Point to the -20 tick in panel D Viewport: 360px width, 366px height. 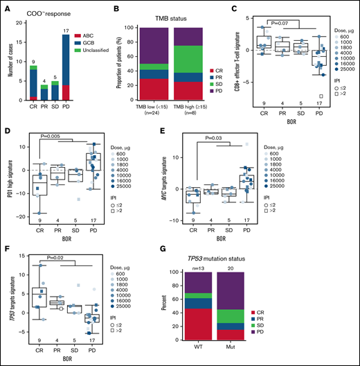(19, 217)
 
